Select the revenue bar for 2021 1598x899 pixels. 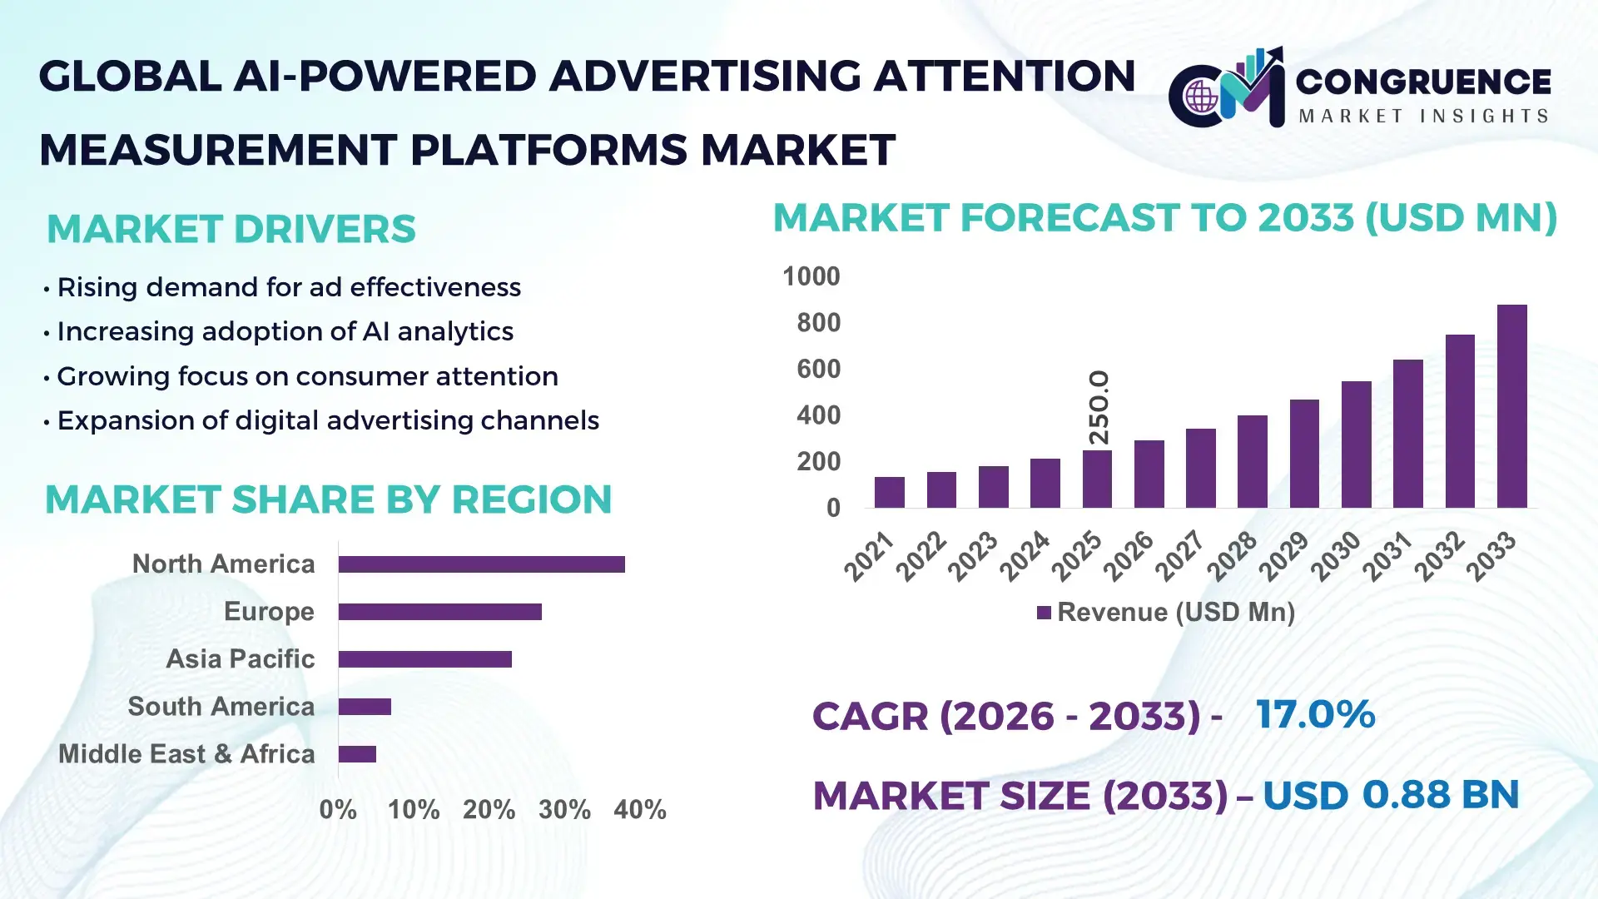tap(889, 492)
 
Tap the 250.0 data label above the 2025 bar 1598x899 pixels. tap(1099, 407)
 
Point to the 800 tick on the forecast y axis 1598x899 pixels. tap(818, 323)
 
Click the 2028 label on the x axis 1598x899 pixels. tap(1232, 555)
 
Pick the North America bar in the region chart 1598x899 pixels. tap(481, 564)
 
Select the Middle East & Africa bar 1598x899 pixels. tap(357, 754)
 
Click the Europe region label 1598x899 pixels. tap(269, 612)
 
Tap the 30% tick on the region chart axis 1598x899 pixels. tap(564, 810)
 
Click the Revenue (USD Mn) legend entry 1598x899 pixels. tap(1166, 613)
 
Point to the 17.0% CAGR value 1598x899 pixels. tap(1315, 715)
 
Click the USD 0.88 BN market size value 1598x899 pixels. tap(1390, 795)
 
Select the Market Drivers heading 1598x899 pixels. tap(231, 229)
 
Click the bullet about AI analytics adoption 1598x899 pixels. tap(285, 331)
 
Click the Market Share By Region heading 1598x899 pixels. tap(328, 499)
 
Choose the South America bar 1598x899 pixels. tap(365, 707)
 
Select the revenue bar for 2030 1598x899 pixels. tap(1356, 445)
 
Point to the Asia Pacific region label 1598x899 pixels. tap(240, 659)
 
